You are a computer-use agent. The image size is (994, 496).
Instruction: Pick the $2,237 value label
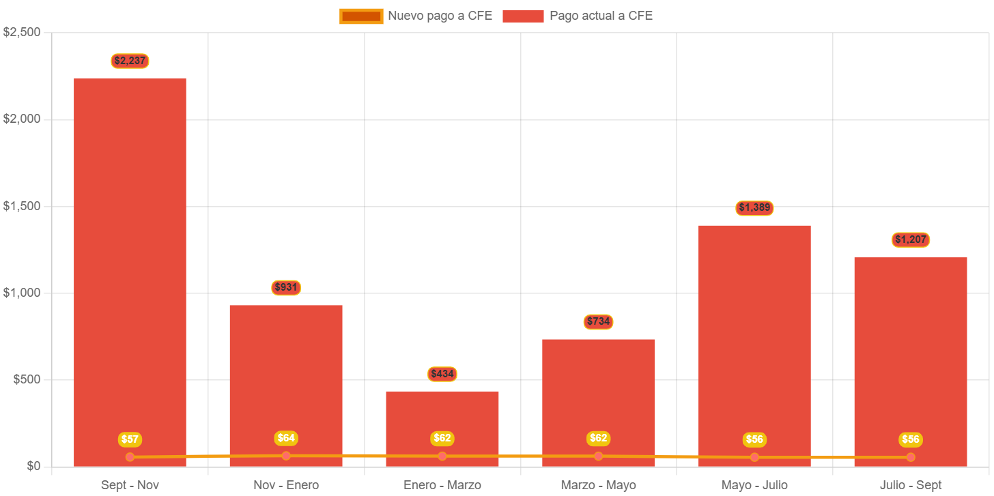click(x=130, y=61)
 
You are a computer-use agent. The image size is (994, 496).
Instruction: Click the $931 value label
click(x=286, y=287)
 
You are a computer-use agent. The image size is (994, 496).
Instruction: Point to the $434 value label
click(x=442, y=374)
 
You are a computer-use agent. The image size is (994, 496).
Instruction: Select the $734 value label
click(x=598, y=321)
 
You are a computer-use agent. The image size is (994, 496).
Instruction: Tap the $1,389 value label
click(x=754, y=207)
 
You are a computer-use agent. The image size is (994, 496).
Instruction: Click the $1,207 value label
click(x=911, y=239)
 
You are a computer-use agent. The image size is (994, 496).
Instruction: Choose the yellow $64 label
click(x=286, y=438)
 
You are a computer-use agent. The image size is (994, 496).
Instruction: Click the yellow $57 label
click(x=130, y=439)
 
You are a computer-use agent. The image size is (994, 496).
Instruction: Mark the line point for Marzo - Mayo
click(x=598, y=456)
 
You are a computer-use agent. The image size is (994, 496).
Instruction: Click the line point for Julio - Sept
click(x=911, y=457)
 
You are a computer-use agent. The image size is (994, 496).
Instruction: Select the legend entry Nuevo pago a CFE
click(x=416, y=16)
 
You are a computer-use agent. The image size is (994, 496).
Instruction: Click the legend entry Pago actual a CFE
click(x=578, y=16)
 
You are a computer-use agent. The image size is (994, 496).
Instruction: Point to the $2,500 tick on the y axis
click(x=22, y=32)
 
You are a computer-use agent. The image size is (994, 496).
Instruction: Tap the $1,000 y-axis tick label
click(x=22, y=293)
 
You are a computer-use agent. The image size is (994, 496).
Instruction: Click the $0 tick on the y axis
click(x=33, y=466)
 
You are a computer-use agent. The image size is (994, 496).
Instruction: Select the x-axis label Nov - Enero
click(x=286, y=485)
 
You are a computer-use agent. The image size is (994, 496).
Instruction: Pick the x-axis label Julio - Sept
click(x=911, y=485)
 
